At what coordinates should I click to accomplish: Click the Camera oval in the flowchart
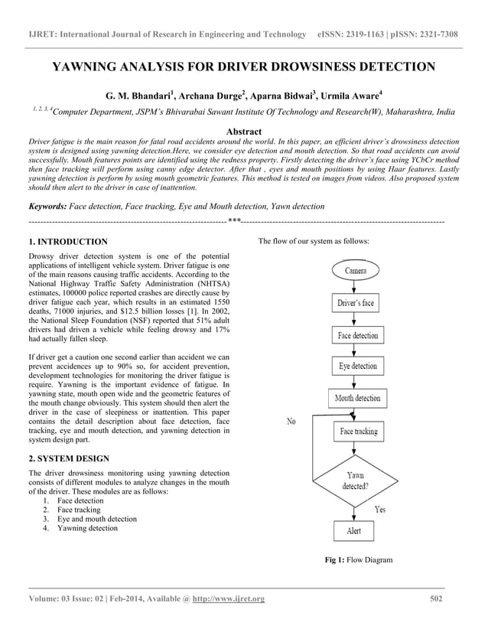pyautogui.click(x=356, y=271)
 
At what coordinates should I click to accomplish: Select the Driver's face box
pyautogui.click(x=356, y=303)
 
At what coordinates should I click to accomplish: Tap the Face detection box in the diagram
pyautogui.click(x=356, y=335)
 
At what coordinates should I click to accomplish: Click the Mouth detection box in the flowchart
pyautogui.click(x=357, y=399)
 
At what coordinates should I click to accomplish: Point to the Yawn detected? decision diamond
pyautogui.click(x=356, y=481)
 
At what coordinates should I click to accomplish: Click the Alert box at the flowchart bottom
pyautogui.click(x=354, y=530)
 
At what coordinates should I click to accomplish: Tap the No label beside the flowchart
pyautogui.click(x=291, y=421)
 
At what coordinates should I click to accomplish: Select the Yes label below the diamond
pyautogui.click(x=379, y=509)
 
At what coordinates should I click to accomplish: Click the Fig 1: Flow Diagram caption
pyautogui.click(x=358, y=560)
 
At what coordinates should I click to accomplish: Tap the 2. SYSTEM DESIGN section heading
pyautogui.click(x=68, y=458)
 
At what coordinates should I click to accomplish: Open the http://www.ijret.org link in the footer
pyautogui.click(x=230, y=598)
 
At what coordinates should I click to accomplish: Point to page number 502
pyautogui.click(x=436, y=598)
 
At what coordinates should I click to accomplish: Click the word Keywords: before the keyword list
pyautogui.click(x=47, y=207)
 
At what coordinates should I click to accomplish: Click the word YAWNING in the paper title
pyautogui.click(x=89, y=67)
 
